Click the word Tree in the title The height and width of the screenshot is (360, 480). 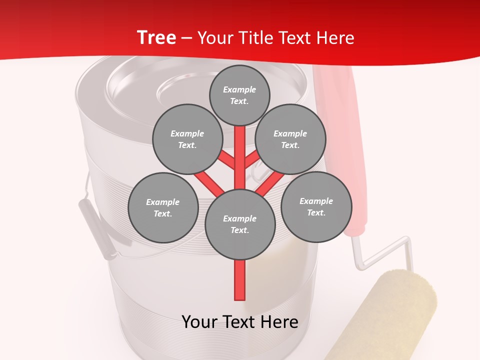[x=156, y=38]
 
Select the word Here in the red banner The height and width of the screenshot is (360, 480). [x=335, y=38]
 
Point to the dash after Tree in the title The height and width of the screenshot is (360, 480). [x=186, y=38]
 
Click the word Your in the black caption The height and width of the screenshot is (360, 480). [x=199, y=322]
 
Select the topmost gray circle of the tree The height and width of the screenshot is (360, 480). [x=239, y=95]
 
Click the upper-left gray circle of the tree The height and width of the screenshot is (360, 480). [x=187, y=139]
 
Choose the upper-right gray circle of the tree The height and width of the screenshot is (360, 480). [x=290, y=139]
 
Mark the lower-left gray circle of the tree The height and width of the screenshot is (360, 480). [x=163, y=207]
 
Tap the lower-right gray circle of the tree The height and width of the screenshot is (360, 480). [x=316, y=206]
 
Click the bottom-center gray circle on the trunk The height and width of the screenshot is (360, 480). [x=240, y=224]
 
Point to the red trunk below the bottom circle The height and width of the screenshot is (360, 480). [x=240, y=280]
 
